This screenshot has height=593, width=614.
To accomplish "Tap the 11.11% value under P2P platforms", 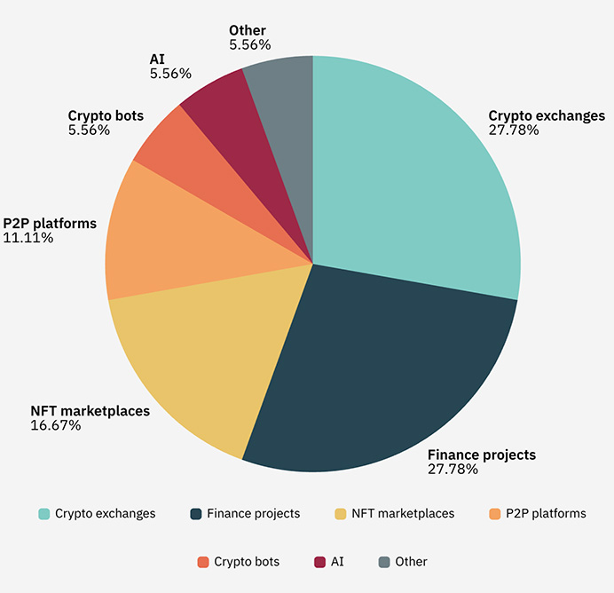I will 28,237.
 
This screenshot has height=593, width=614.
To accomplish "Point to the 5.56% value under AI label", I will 170,74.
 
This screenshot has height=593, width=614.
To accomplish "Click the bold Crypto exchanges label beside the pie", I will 547,115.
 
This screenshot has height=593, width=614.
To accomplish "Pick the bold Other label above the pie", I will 247,30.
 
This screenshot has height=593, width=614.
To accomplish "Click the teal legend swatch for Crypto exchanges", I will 43,514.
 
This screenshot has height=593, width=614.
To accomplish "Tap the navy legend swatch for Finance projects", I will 195,514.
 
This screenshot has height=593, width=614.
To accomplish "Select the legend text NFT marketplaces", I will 403,513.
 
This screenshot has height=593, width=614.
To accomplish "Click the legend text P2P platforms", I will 546,513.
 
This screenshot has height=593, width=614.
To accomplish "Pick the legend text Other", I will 412,562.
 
